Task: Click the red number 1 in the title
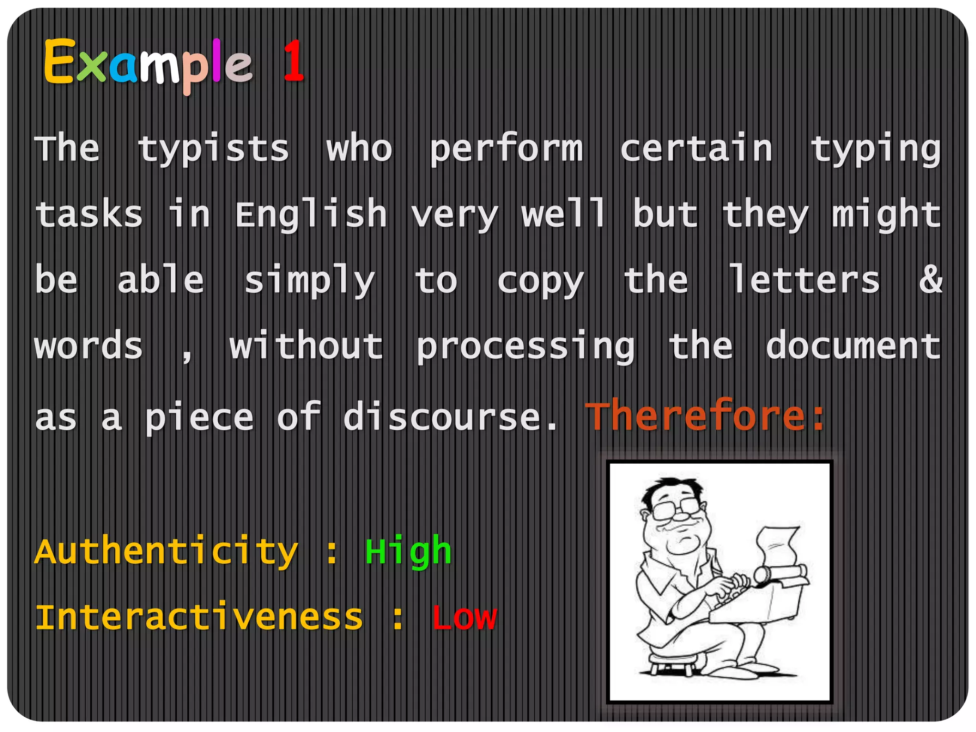[x=293, y=61]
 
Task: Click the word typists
[x=213, y=149]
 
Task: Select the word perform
[x=506, y=149]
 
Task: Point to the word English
[x=311, y=214]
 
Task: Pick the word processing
[x=525, y=346]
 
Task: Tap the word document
[x=853, y=346]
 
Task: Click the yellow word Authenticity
[x=166, y=552]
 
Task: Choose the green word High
[x=408, y=552]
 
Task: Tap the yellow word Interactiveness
[x=199, y=618]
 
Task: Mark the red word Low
[x=464, y=618]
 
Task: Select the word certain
[x=696, y=149]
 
